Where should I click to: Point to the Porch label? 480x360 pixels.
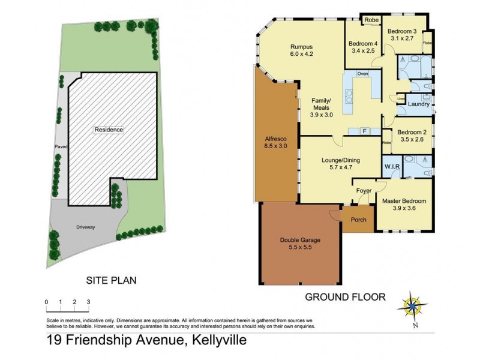358,220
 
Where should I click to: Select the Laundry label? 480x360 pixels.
418,104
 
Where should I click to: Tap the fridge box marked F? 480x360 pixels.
364,130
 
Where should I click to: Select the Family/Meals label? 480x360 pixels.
323,107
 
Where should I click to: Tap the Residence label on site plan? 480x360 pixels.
109,130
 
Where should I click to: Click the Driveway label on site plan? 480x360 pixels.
86,227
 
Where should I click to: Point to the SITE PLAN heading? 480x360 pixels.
112,280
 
